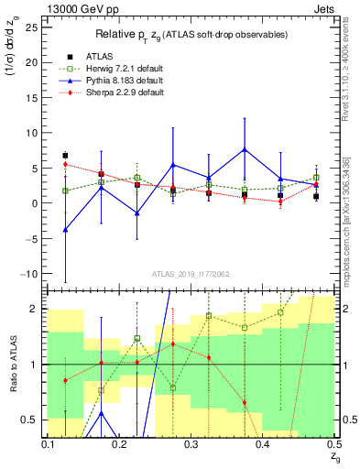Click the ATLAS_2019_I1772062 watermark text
[191, 273]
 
